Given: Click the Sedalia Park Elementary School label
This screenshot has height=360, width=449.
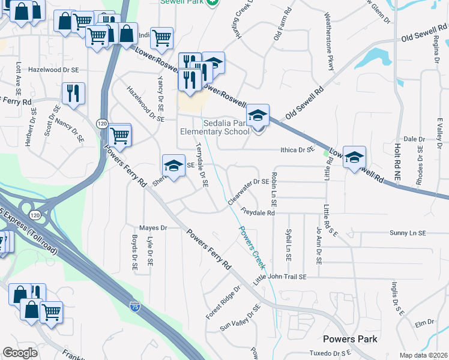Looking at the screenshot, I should (215, 127).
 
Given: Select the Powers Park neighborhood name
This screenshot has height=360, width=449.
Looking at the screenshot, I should (350, 339).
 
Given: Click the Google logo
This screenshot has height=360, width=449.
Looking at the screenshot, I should (20, 353).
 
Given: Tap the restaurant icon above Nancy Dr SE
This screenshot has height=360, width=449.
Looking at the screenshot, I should (73, 94).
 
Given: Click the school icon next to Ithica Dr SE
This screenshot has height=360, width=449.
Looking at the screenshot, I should (354, 157).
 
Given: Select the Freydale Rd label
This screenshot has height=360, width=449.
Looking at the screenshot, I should (258, 212).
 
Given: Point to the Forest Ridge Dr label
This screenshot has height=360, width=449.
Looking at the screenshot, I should (223, 302).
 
